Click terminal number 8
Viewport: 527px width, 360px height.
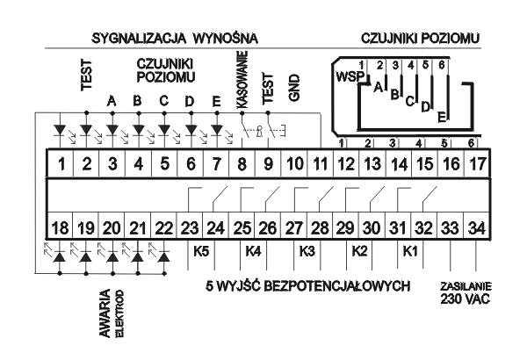click(x=242, y=164)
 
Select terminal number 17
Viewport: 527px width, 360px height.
click(x=477, y=164)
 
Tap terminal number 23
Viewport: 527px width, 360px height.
click(x=190, y=228)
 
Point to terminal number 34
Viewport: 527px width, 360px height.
click(x=477, y=228)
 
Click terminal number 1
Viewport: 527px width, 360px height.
click(x=61, y=164)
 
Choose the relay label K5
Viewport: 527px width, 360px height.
click(x=201, y=251)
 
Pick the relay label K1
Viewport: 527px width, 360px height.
click(x=410, y=251)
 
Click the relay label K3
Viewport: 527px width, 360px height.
click(x=307, y=251)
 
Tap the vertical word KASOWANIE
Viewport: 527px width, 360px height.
click(x=242, y=80)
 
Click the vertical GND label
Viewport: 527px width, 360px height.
click(x=293, y=88)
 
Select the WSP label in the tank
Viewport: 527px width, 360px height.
click(x=350, y=76)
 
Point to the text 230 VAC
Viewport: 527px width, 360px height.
click(x=466, y=299)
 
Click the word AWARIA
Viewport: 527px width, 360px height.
click(x=105, y=313)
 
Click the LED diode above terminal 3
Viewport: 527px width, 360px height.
click(x=112, y=129)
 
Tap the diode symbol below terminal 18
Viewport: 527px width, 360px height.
click(x=60, y=257)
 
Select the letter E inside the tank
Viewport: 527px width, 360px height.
click(x=443, y=118)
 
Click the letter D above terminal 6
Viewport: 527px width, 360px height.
click(x=190, y=101)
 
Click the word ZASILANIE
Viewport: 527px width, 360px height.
click(x=466, y=286)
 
